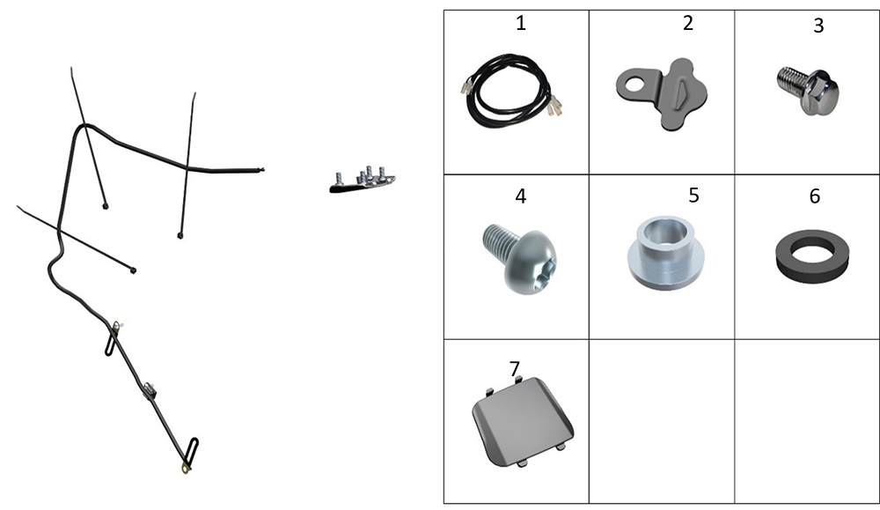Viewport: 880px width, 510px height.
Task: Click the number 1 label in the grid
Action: point(521,24)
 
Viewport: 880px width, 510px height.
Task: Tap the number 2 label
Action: point(688,23)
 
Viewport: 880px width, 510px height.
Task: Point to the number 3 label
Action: point(818,26)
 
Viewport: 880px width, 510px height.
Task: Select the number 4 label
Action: point(521,196)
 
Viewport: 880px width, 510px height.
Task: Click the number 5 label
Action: point(693,195)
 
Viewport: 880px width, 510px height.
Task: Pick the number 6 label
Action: point(815,196)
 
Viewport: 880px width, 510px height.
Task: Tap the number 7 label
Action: point(515,368)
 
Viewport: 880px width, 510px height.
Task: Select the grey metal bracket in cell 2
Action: point(663,93)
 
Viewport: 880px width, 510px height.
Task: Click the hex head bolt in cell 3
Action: point(809,90)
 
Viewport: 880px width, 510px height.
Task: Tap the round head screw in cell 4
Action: point(520,258)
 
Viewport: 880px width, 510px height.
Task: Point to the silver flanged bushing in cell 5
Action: point(665,252)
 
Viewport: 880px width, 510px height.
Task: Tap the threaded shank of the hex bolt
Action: point(789,80)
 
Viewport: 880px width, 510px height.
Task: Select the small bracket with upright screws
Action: point(362,181)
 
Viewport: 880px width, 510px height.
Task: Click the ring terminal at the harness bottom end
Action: point(185,469)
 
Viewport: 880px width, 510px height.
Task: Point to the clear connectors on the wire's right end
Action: point(555,105)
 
